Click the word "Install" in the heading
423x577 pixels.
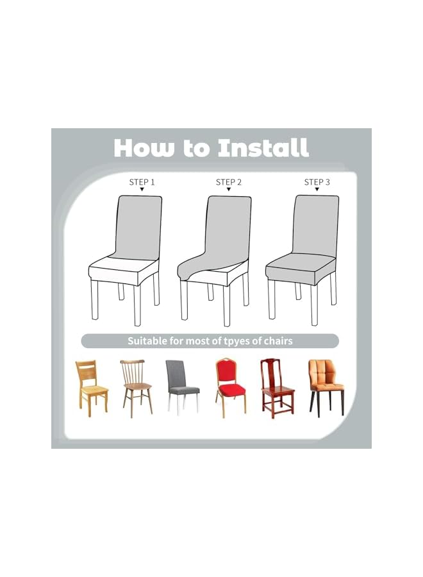point(263,148)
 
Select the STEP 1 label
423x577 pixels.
point(142,182)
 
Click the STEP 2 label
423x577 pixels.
point(229,182)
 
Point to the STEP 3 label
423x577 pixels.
point(317,182)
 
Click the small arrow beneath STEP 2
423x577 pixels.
point(229,190)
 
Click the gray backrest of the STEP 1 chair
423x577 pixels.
point(138,225)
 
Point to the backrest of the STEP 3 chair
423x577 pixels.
point(315,224)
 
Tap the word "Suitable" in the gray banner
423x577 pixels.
point(149,341)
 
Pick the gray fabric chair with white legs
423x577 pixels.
point(181,385)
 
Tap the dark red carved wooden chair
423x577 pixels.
point(276,387)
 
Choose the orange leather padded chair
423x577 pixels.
point(326,385)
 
